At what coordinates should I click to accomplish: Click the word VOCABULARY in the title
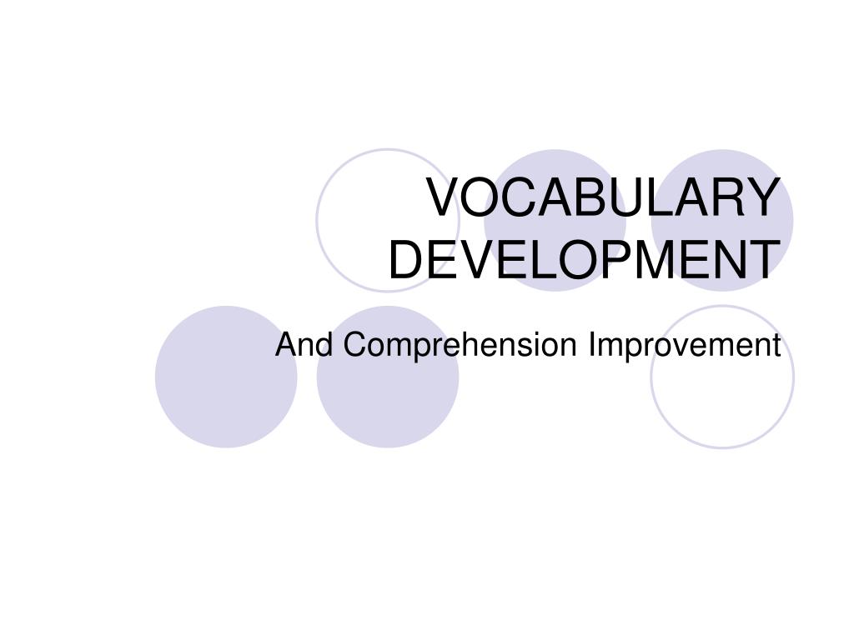tap(603, 198)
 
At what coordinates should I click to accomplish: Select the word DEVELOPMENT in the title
tap(584, 259)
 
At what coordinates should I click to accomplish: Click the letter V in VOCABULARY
tap(443, 198)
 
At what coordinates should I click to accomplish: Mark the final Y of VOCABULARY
tap(761, 198)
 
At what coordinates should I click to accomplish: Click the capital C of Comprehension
tap(354, 344)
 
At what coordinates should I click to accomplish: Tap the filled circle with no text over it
tap(226, 377)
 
